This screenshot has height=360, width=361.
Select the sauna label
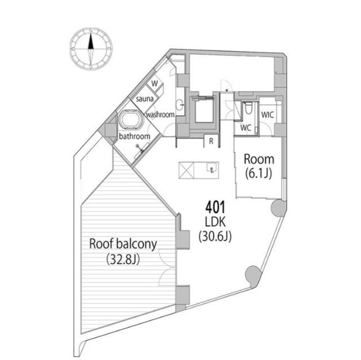click(x=145, y=99)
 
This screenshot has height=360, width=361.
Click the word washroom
click(x=160, y=114)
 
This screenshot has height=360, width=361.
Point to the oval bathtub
click(x=131, y=120)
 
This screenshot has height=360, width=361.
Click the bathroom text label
click(x=134, y=136)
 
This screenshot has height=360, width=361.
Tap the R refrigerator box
click(x=211, y=141)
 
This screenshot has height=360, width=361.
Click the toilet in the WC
click(x=248, y=108)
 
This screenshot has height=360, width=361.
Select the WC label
click(x=245, y=128)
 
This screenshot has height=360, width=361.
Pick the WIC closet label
click(x=267, y=114)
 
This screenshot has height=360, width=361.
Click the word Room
click(x=259, y=159)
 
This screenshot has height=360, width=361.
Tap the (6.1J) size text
click(x=258, y=174)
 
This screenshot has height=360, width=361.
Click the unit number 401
click(x=215, y=207)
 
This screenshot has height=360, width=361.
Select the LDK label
click(x=215, y=222)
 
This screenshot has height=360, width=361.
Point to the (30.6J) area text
click(x=215, y=236)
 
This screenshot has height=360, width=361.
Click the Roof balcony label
click(x=123, y=244)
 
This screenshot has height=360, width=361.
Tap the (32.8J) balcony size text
click(x=123, y=260)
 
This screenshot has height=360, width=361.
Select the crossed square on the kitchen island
click(x=187, y=170)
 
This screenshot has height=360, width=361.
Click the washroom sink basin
click(x=180, y=105)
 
